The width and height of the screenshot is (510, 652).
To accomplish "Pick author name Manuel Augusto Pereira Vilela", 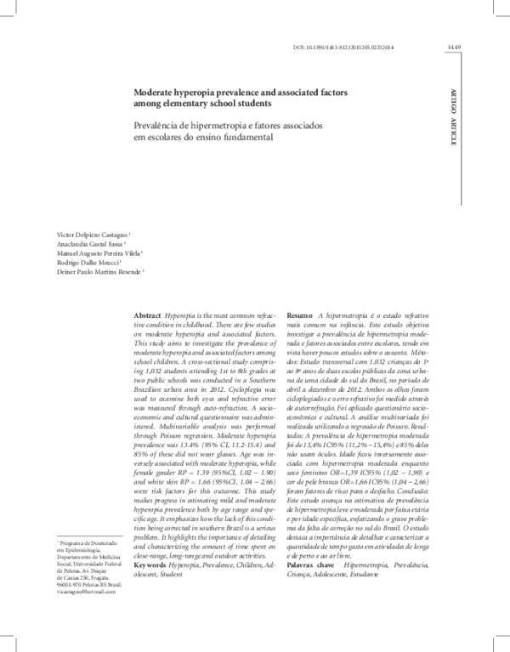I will click(98, 253).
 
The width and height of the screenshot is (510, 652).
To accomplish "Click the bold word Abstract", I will click(148, 315).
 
